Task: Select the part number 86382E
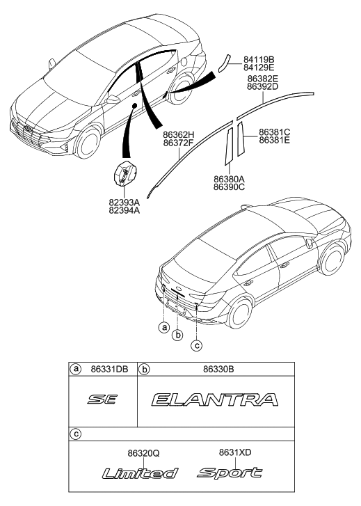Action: (263, 79)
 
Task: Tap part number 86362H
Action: (178, 134)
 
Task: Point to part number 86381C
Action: (275, 132)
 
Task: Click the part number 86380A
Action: (229, 179)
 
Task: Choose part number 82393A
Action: (125, 203)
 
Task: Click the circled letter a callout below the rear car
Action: (164, 328)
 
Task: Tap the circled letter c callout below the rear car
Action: (196, 346)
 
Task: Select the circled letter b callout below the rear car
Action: (177, 335)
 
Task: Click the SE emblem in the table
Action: (102, 400)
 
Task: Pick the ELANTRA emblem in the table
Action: (215, 400)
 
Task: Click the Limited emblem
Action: (140, 473)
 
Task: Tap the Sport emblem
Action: (230, 473)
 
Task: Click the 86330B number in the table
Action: (218, 369)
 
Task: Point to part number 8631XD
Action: (235, 452)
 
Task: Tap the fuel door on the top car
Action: (184, 61)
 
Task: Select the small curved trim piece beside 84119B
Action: (223, 63)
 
